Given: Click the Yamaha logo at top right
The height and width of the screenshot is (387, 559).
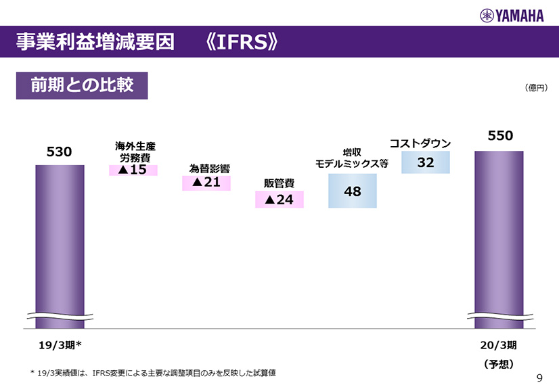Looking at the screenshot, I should pyautogui.click(x=512, y=16).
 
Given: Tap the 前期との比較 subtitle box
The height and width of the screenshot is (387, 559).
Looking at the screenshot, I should pyautogui.click(x=82, y=86).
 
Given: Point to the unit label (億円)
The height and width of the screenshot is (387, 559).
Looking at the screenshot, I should pyautogui.click(x=535, y=88).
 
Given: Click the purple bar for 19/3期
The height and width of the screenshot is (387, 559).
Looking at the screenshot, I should pyautogui.click(x=60, y=244).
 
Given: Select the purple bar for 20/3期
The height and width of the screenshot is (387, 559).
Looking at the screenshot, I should pyautogui.click(x=499, y=237).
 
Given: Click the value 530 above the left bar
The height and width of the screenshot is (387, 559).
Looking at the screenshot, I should pyautogui.click(x=59, y=152).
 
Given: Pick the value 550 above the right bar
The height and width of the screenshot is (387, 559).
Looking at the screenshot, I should pyautogui.click(x=500, y=136).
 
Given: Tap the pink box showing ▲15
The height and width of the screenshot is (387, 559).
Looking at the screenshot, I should pyautogui.click(x=133, y=170).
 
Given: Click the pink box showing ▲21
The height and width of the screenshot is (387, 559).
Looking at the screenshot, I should pyautogui.click(x=206, y=183).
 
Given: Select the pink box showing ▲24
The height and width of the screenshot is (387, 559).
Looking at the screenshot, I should pyautogui.click(x=279, y=200).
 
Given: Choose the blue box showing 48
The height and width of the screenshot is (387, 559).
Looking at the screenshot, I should pyautogui.click(x=353, y=191).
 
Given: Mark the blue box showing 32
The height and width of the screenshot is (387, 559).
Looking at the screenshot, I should pyautogui.click(x=426, y=163).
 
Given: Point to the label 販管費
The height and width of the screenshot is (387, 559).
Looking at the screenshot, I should pyautogui.click(x=279, y=183).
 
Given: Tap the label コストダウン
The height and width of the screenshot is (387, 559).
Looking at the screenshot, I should pyautogui.click(x=420, y=143).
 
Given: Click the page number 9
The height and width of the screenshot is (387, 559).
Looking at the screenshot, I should pyautogui.click(x=539, y=378).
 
